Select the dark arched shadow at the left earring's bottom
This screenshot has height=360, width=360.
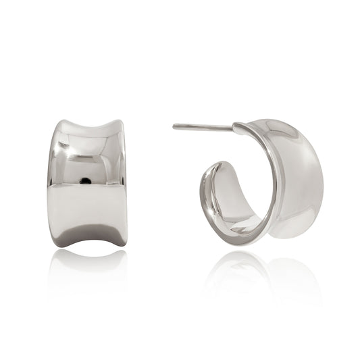point(90,236)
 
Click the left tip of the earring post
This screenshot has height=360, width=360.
point(174,126)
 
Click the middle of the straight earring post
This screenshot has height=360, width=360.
point(203,126)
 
